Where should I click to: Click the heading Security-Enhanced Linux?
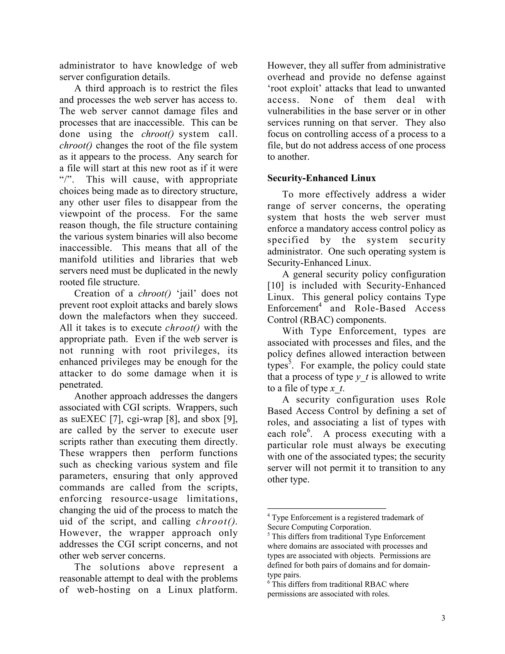321,178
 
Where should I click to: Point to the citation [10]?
275,286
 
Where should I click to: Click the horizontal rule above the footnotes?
326,508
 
